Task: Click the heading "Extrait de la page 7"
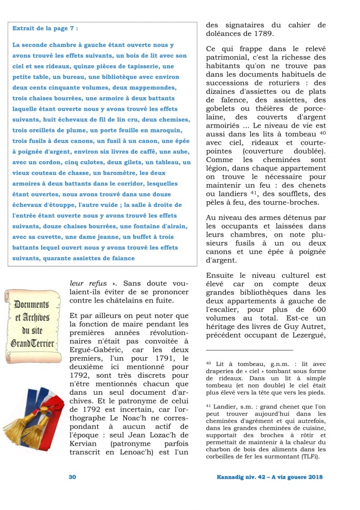coord(45,29)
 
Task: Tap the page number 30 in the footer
coord(73,477)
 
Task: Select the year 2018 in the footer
coord(312,477)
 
